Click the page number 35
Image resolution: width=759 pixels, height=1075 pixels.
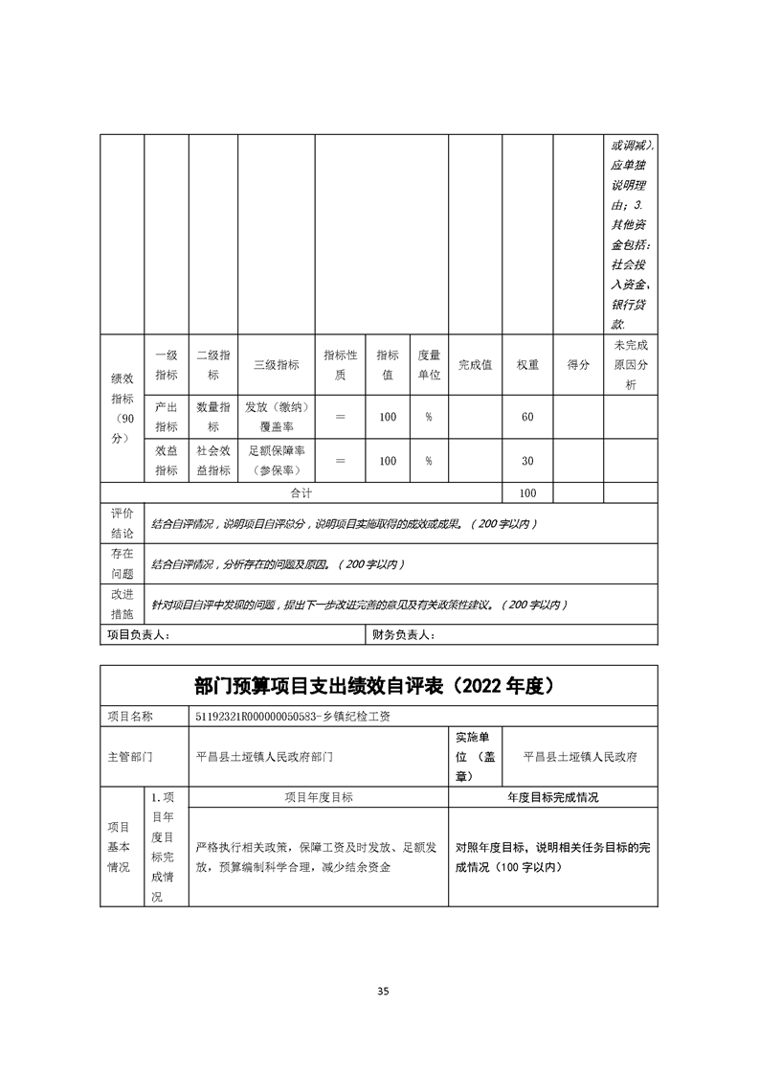click(383, 991)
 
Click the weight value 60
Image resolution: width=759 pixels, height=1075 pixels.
click(527, 417)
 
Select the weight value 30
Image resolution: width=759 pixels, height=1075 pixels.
click(527, 461)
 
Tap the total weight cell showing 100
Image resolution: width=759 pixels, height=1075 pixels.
click(527, 492)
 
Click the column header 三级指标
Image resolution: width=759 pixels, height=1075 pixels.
click(276, 365)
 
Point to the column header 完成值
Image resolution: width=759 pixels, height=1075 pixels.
click(475, 365)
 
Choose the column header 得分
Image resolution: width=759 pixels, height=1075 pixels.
click(578, 365)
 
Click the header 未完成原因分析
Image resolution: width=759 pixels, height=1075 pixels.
click(630, 364)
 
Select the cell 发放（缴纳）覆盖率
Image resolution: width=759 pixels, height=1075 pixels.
click(276, 417)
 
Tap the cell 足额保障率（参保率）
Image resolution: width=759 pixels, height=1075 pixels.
click(276, 461)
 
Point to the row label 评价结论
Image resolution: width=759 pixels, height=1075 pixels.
click(122, 523)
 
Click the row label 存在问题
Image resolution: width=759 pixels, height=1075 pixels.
click(122, 563)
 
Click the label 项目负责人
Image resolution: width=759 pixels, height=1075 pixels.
click(138, 634)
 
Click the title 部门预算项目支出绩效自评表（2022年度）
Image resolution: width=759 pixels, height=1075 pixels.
click(378, 687)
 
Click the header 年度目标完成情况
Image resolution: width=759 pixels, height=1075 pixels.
click(552, 797)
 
